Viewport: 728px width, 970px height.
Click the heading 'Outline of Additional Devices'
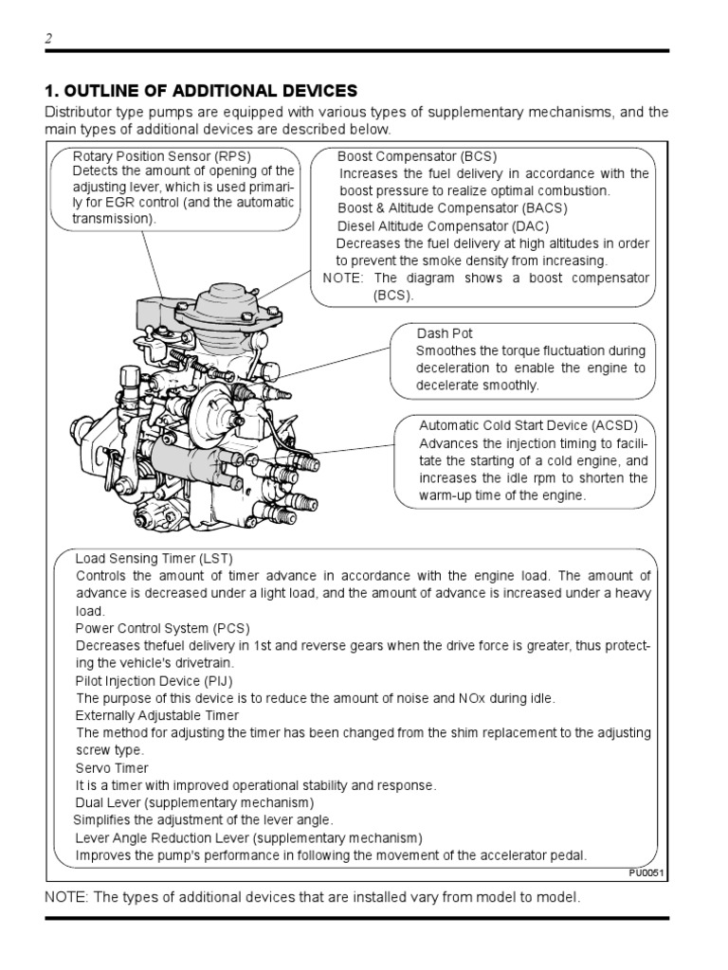(x=201, y=91)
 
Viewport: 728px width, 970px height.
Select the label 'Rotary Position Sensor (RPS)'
(x=162, y=156)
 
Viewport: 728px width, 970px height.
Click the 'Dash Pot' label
(x=445, y=333)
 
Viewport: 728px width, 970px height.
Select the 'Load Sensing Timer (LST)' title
(x=154, y=558)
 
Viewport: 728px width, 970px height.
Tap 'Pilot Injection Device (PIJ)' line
(x=154, y=680)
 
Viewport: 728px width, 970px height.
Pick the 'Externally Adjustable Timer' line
(x=157, y=715)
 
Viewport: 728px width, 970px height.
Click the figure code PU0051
(x=648, y=872)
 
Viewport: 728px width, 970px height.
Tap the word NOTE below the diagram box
(x=63, y=897)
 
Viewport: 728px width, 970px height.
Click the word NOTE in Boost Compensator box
(x=343, y=278)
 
